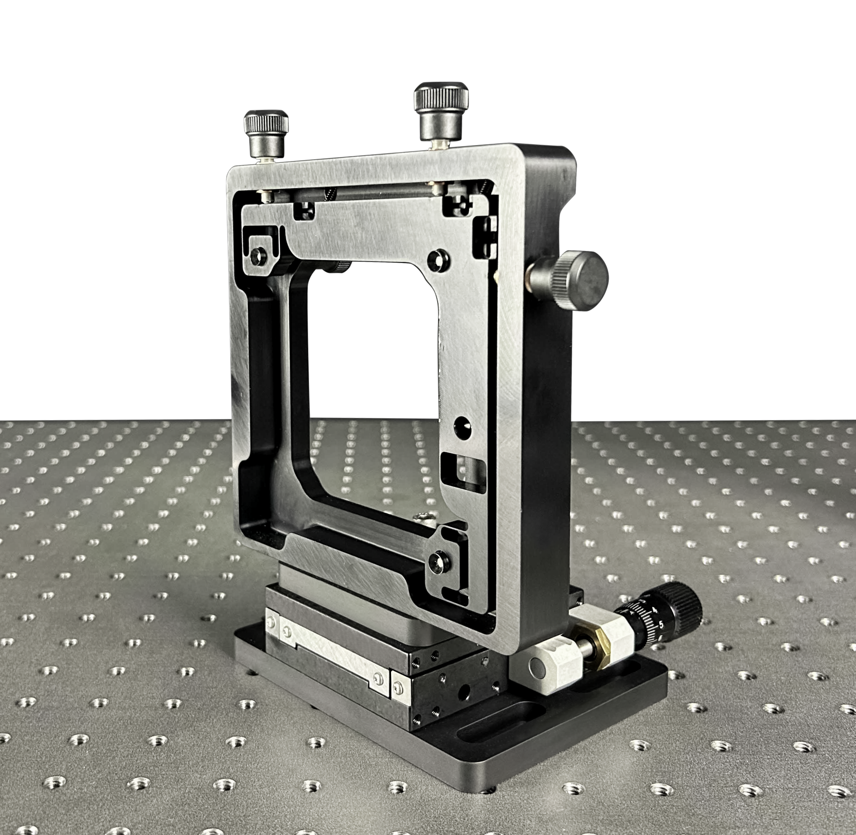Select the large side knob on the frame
click(x=581, y=281)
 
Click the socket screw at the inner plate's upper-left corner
click(x=258, y=257)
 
